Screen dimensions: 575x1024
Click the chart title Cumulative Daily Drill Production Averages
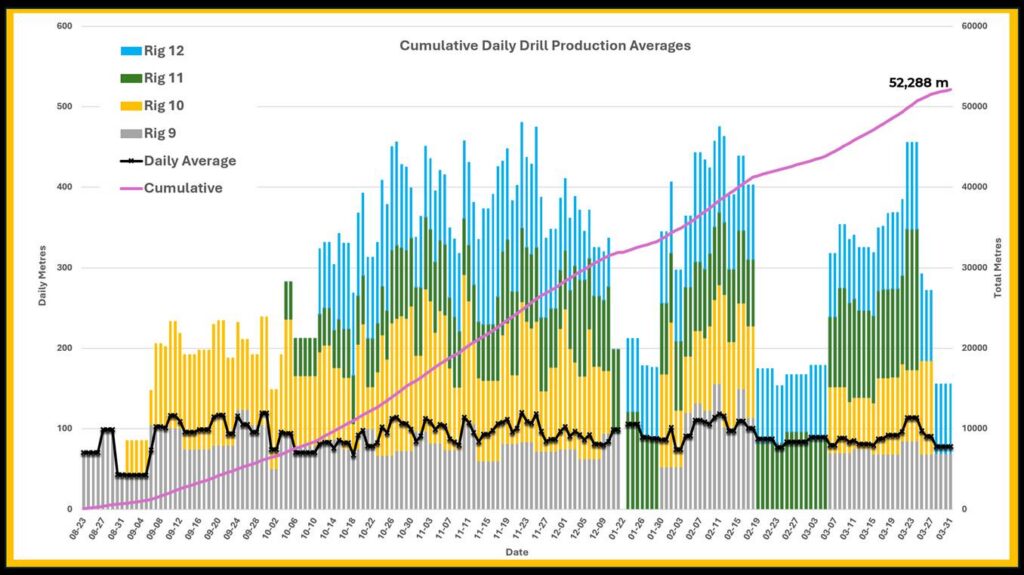(x=545, y=46)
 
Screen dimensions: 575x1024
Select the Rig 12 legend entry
(x=164, y=51)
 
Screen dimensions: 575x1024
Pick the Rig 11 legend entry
(x=164, y=78)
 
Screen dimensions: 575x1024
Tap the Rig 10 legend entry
(x=164, y=106)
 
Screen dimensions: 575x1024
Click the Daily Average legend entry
(x=189, y=160)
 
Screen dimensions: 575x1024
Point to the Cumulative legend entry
(x=182, y=187)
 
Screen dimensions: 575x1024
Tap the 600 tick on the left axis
(x=64, y=26)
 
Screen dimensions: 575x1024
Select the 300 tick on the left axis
(x=64, y=268)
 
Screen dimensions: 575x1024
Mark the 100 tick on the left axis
(x=64, y=429)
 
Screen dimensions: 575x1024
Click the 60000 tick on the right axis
(x=974, y=26)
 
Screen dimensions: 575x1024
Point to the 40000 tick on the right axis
(x=974, y=187)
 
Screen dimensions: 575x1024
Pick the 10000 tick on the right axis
(x=974, y=429)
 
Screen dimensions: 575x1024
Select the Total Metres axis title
(x=997, y=268)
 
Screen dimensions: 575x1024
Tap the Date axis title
(x=517, y=551)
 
